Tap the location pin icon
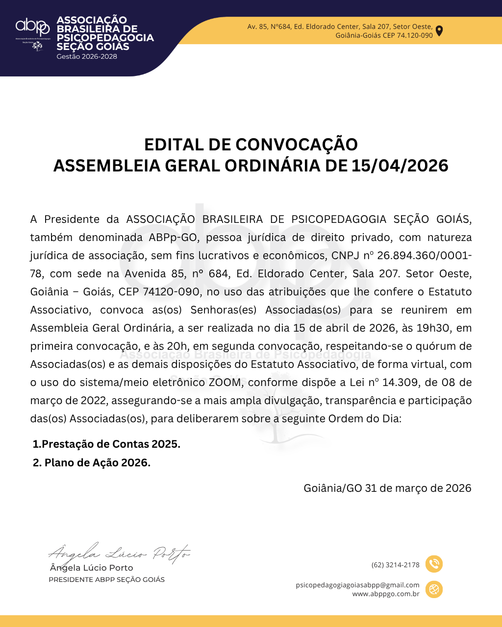[x=439, y=30]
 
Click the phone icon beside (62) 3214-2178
[x=434, y=564]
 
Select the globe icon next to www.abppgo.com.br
[x=434, y=589]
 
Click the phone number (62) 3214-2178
[x=396, y=565]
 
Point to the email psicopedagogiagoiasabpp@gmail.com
[x=358, y=585]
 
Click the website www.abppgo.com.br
[x=386, y=594]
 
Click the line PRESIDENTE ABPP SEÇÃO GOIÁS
[x=106, y=580]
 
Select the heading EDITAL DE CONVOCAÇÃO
[x=251, y=145]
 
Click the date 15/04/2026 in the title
[x=400, y=166]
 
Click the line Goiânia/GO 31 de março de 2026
[x=387, y=488]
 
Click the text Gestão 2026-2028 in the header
[x=87, y=56]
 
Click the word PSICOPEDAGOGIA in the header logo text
[x=105, y=38]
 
